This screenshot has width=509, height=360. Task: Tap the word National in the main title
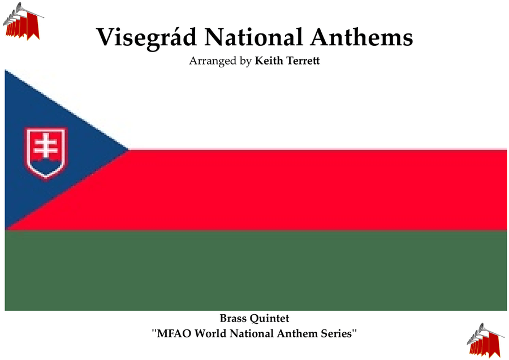[253, 37]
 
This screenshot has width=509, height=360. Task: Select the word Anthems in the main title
[361, 37]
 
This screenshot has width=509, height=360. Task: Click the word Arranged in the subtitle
[213, 61]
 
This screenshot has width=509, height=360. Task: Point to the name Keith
[269, 61]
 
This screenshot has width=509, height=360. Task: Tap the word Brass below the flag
[233, 318]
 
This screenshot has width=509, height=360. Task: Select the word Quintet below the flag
[269, 319]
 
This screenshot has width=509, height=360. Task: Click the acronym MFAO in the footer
[174, 334]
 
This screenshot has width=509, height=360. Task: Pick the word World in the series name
[210, 334]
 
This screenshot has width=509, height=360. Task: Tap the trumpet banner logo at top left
[23, 22]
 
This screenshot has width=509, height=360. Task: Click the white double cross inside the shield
[46, 146]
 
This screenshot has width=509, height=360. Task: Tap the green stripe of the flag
[256, 271]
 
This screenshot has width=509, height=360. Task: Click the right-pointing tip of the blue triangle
[128, 150]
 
